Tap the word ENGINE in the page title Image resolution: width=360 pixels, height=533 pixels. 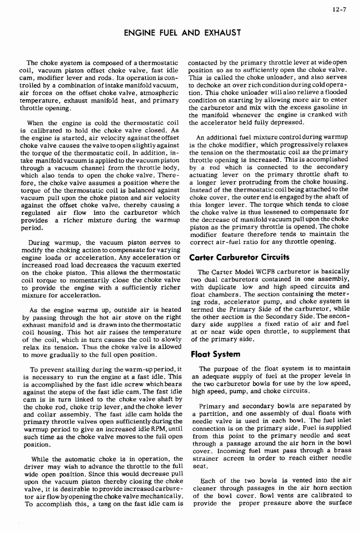141,34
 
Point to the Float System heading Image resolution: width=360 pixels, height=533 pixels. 216,354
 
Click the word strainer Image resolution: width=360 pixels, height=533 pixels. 204,459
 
